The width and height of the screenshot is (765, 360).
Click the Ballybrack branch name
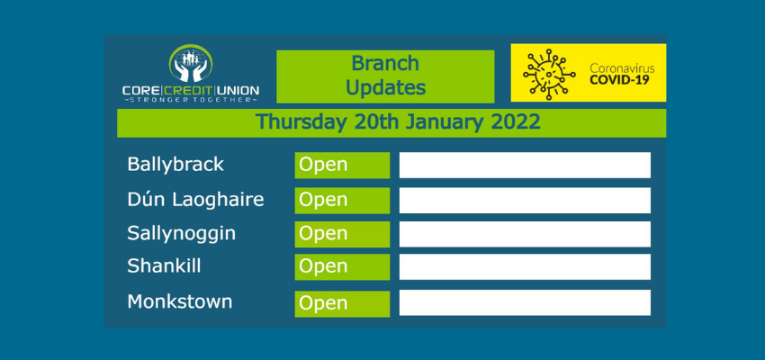pos(175,165)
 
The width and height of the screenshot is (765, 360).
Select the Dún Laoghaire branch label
pos(195,200)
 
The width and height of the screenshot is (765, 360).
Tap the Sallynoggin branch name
pos(182,234)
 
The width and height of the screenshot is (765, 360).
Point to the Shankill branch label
pos(164,265)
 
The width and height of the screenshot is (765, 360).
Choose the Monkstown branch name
pos(179,301)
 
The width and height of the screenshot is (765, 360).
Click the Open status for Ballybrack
pos(343,166)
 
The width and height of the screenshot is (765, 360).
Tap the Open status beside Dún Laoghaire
pos(343,201)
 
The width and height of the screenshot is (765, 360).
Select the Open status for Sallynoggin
pos(343,234)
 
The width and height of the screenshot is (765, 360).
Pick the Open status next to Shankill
pos(343,266)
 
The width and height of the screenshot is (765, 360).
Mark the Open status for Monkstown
pos(343,304)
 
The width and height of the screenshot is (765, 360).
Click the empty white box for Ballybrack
pos(525,166)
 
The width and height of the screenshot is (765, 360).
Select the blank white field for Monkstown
pos(525,303)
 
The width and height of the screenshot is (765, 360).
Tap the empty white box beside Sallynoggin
pos(525,234)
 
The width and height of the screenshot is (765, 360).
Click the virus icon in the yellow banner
pos(549,74)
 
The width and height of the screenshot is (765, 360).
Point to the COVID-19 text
pos(619,79)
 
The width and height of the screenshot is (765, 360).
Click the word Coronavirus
pos(622,67)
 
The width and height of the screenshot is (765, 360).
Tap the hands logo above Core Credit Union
pos(190,63)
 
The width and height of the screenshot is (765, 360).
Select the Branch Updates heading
pos(385,76)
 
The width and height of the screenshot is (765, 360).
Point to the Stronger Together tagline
pos(190,100)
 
